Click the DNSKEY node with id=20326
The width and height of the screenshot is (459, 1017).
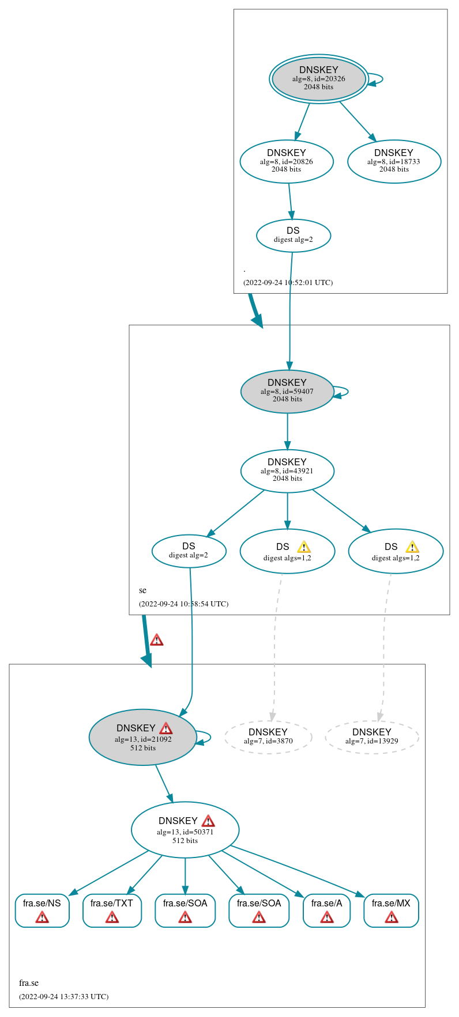coord(318,79)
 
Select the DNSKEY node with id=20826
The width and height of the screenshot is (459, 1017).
coord(287,161)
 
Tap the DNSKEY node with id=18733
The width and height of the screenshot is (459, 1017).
coord(394,161)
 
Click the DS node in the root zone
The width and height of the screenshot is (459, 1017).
coord(293,235)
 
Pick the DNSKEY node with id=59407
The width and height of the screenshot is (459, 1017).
coord(287,391)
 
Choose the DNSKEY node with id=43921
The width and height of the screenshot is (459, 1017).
coord(287,470)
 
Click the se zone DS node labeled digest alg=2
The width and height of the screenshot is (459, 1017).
coord(189,551)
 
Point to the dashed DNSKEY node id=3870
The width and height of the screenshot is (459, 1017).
coord(268,737)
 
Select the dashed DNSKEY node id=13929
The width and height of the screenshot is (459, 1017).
coord(371,737)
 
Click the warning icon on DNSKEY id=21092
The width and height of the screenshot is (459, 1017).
coord(166,728)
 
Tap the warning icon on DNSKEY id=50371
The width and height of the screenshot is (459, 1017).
coord(208,821)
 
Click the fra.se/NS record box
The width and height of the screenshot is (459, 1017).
coord(42,910)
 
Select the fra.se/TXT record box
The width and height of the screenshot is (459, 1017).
coord(112,910)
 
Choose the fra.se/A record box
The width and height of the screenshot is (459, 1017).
coord(326,910)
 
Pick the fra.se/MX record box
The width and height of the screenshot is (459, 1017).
coord(391,910)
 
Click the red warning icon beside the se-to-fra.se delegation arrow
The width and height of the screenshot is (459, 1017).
coord(156,640)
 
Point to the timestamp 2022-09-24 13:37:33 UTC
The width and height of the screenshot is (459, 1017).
coord(63,996)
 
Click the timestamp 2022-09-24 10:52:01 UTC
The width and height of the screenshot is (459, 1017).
coord(288,283)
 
